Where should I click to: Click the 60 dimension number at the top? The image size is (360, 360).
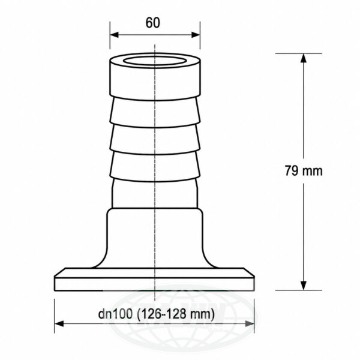[x=152, y=23]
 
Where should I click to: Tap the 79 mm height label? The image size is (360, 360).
[x=304, y=171]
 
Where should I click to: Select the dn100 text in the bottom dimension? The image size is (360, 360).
[x=115, y=314]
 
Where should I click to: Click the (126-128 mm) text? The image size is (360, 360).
[x=176, y=314]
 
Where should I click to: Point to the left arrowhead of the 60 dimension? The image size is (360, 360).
[x=114, y=35]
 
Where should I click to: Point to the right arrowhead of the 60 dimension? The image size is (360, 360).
[x=196, y=35]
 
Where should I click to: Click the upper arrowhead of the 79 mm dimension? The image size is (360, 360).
[x=304, y=58]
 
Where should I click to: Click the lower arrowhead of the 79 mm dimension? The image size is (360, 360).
[x=304, y=286]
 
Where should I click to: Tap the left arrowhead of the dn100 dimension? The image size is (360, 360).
[x=59, y=324]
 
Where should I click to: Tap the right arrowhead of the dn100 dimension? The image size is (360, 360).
[x=250, y=324]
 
